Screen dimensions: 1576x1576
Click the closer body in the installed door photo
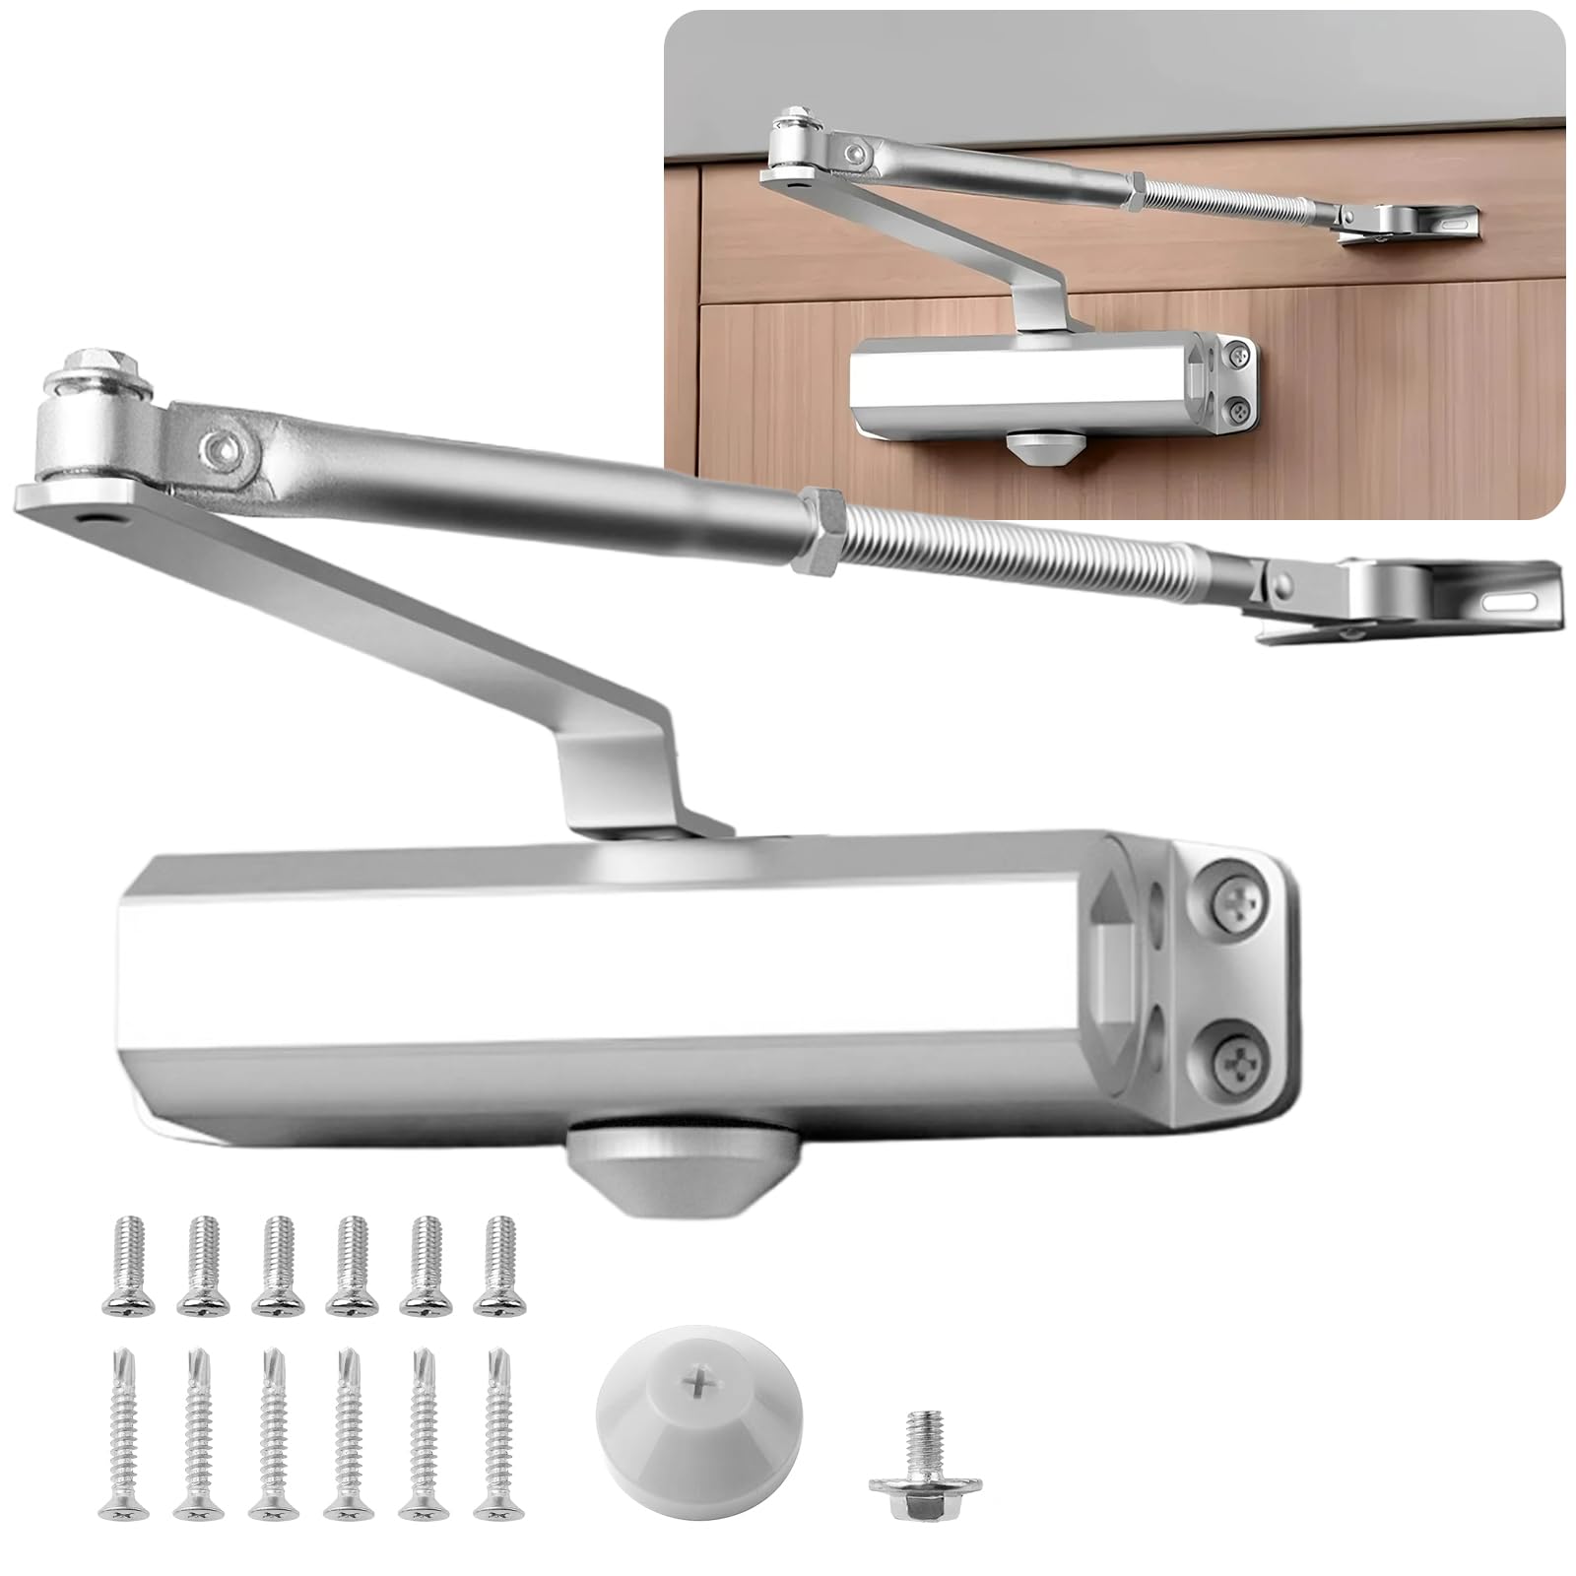click(x=1024, y=384)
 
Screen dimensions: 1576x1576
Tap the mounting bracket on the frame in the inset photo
click(x=1418, y=221)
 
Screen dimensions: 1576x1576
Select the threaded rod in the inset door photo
click(x=1231, y=197)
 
